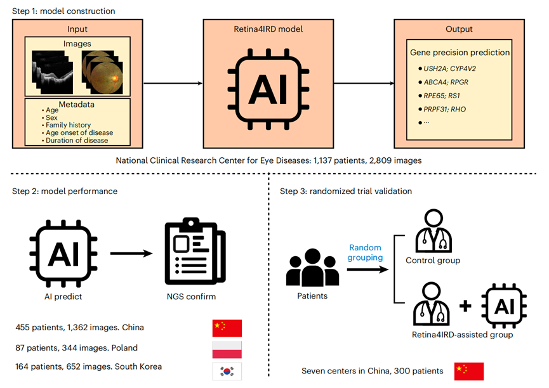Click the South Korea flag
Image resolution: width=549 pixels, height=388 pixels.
click(x=227, y=372)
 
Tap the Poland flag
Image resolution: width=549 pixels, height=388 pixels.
click(x=227, y=350)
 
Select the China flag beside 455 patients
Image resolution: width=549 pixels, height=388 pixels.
click(x=227, y=328)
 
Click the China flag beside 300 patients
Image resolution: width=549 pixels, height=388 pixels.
click(x=469, y=372)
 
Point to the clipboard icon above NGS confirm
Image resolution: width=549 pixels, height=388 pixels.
click(x=195, y=250)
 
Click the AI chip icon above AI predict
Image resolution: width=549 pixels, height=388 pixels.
click(x=63, y=254)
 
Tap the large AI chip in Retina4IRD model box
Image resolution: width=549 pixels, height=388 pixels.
click(x=268, y=89)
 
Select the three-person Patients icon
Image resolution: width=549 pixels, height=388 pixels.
click(x=312, y=268)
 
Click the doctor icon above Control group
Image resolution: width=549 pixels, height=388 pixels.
click(x=433, y=231)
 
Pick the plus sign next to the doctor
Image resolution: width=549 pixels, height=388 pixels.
click(x=465, y=306)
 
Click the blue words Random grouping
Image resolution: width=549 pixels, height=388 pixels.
click(x=365, y=252)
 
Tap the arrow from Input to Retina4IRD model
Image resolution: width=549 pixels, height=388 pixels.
click(x=173, y=83)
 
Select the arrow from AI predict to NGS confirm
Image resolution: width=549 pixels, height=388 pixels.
click(x=131, y=254)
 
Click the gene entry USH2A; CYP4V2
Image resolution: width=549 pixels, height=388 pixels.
click(x=449, y=68)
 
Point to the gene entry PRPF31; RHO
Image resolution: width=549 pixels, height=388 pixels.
click(x=445, y=109)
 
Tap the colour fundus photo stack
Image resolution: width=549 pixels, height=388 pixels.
click(x=102, y=72)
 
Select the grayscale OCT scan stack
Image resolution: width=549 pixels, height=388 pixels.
click(x=53, y=72)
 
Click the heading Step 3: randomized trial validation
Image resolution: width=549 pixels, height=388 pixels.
click(x=345, y=191)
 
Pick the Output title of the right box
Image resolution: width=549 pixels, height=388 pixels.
click(x=459, y=29)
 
